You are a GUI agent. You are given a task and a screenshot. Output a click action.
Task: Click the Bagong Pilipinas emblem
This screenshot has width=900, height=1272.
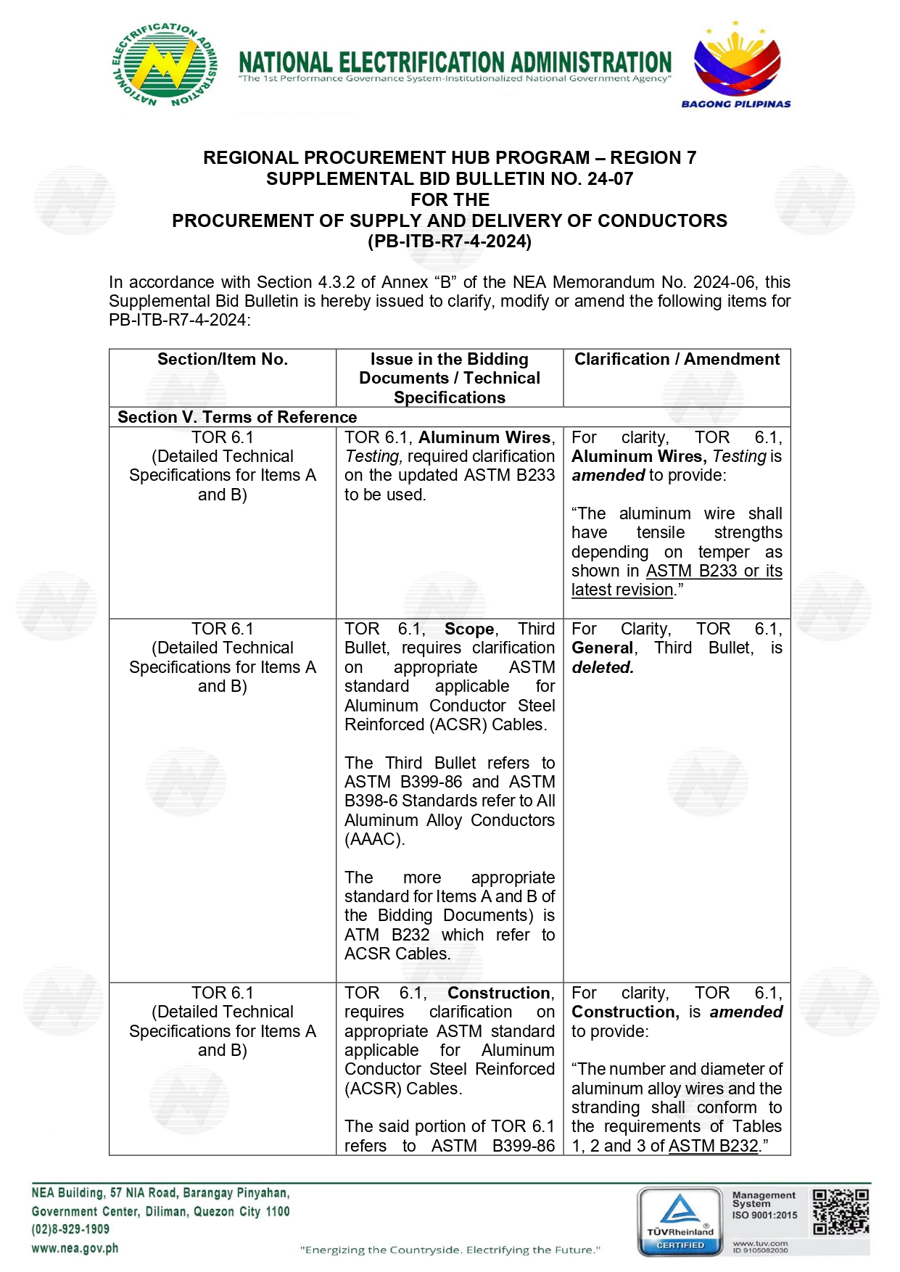(x=736, y=65)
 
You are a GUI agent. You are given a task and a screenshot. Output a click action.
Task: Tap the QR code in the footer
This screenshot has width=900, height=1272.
(x=840, y=1212)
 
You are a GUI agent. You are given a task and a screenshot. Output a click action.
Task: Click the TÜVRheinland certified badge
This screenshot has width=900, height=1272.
(x=680, y=1222)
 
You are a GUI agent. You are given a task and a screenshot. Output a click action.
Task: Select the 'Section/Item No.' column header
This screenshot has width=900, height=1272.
(x=223, y=360)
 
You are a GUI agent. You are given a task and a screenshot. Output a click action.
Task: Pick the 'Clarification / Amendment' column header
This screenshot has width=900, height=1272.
(x=677, y=360)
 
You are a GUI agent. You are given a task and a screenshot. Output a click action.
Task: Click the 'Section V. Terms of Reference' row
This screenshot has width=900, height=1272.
(x=237, y=417)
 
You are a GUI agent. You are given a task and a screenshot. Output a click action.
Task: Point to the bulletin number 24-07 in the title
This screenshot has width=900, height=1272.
(x=610, y=179)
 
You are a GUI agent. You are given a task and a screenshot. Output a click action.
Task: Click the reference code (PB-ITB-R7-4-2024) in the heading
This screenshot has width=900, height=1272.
(x=450, y=241)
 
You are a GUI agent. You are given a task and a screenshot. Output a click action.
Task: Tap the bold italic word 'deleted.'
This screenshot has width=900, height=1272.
(x=603, y=668)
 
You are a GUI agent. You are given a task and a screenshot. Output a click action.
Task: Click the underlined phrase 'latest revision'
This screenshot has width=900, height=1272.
(x=622, y=590)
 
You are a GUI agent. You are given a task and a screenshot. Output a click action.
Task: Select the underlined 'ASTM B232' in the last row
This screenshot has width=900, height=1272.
(x=714, y=1146)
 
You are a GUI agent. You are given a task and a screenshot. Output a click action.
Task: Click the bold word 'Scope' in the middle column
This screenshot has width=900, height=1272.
(x=469, y=629)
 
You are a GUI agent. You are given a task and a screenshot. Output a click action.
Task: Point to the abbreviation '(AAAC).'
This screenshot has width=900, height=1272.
(x=375, y=840)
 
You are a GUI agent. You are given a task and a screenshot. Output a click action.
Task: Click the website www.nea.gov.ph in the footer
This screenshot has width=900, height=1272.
(x=75, y=1249)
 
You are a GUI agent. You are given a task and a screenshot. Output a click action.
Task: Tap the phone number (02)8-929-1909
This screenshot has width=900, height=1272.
(x=70, y=1230)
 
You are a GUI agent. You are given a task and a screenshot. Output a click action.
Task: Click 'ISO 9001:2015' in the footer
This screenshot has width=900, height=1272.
(x=764, y=1215)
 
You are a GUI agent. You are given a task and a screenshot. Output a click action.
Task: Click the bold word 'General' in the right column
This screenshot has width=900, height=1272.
(x=603, y=648)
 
